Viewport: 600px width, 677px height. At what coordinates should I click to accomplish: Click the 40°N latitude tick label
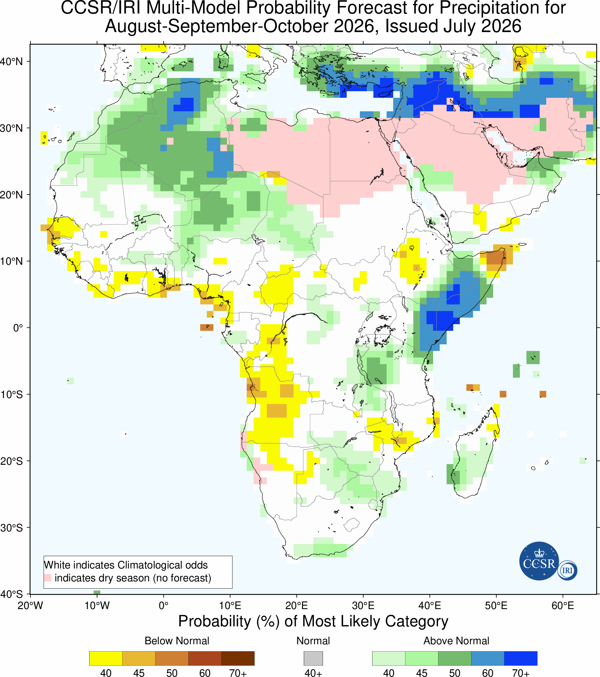pos(11,62)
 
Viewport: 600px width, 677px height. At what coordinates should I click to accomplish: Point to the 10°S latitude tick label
pos(11,395)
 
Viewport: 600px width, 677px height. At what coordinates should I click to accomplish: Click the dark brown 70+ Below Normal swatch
pos(238,658)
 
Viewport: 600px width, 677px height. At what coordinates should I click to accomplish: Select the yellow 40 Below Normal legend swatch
pos(106,658)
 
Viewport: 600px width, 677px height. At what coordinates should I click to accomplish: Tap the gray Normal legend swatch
pos(313,658)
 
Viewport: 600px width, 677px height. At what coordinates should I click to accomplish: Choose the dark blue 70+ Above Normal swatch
pos(520,658)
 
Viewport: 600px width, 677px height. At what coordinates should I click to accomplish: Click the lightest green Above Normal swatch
pos(389,658)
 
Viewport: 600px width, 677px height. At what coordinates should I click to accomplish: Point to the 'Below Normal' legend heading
pos(177,641)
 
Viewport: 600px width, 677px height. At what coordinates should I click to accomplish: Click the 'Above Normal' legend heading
pos(456,641)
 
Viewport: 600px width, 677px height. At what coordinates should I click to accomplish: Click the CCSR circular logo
pos(539,561)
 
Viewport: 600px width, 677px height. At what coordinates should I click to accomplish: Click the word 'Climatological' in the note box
pos(147,565)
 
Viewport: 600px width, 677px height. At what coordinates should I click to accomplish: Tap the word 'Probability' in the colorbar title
pos(215,621)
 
